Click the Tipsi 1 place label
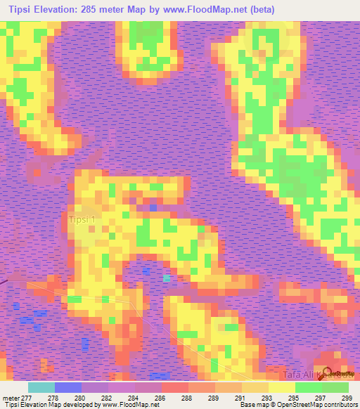(x=85, y=219)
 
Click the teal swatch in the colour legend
(x=41, y=387)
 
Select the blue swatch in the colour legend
(x=68, y=387)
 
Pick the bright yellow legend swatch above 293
(x=282, y=387)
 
